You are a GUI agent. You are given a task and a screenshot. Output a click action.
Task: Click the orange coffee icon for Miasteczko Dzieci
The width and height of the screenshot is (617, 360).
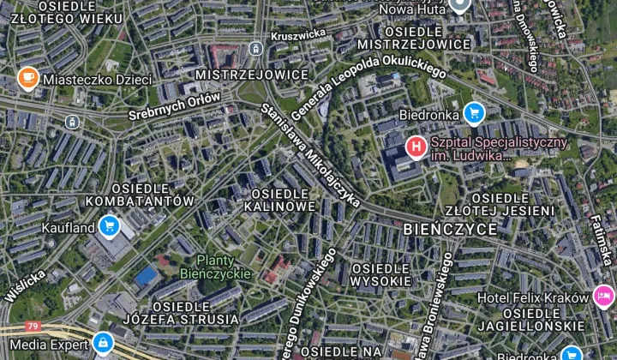[x=28, y=79]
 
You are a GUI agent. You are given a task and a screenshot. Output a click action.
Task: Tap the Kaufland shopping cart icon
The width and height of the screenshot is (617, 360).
[x=108, y=225]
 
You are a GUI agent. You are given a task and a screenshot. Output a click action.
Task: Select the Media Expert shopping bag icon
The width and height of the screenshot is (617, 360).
[x=103, y=343]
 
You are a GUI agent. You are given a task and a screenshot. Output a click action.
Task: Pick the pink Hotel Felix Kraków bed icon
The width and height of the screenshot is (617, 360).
[x=603, y=297]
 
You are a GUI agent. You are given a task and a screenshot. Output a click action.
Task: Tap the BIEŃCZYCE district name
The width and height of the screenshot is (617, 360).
[x=449, y=229]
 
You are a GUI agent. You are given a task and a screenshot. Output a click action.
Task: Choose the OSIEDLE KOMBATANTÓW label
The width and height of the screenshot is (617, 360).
[x=139, y=195]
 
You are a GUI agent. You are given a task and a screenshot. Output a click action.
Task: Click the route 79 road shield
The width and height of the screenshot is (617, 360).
[x=33, y=327]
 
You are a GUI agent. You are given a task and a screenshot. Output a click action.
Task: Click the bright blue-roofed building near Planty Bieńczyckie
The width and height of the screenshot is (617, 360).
[x=147, y=276]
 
